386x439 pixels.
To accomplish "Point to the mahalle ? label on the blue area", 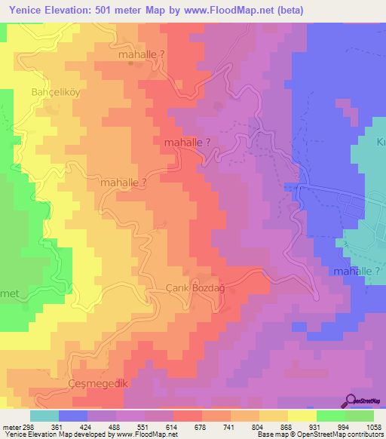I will point(358,270).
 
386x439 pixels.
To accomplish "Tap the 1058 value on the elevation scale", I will point(374,426).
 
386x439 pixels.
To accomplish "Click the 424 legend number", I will point(86,426).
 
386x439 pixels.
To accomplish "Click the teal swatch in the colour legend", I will point(44,416).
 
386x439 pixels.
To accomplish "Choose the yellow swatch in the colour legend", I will point(302,416).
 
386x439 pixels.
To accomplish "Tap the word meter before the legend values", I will point(10,426).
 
